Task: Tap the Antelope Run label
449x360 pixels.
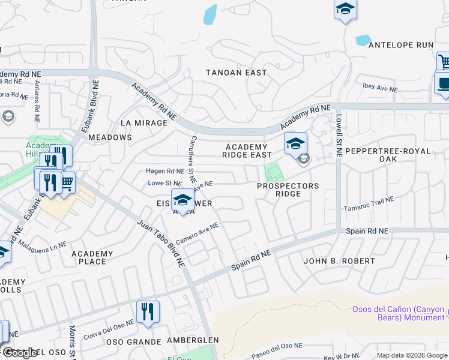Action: (x=400, y=45)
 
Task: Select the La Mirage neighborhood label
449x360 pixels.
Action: (x=143, y=123)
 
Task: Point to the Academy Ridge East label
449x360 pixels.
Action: (x=247, y=151)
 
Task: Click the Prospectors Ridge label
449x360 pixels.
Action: (x=288, y=190)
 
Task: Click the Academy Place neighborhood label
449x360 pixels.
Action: (x=92, y=257)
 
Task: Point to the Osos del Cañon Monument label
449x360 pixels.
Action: (x=398, y=313)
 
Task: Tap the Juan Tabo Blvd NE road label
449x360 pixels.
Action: (x=160, y=243)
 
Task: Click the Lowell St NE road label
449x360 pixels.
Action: (x=339, y=136)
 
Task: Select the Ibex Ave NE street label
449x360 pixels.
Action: (x=380, y=88)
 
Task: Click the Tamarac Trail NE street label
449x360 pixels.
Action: (x=368, y=205)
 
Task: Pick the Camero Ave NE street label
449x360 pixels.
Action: (x=197, y=234)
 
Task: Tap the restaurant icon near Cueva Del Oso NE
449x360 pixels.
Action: (x=147, y=312)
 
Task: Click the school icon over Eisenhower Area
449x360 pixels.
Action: (x=182, y=200)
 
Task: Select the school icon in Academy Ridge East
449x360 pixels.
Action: (x=295, y=144)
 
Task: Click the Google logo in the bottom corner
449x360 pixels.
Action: (x=20, y=353)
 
